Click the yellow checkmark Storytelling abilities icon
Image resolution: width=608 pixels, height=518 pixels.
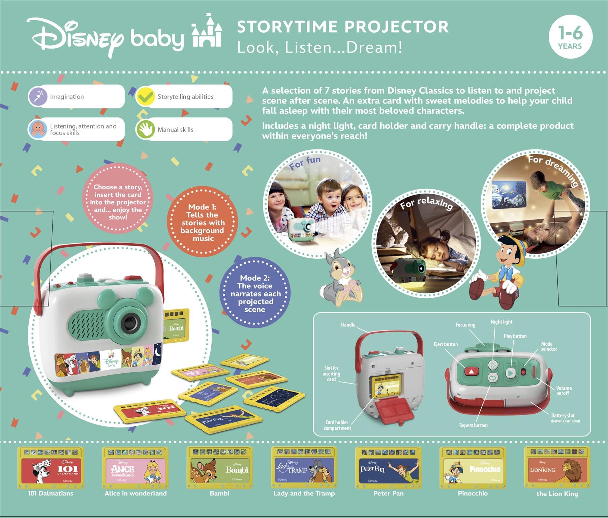(145, 96)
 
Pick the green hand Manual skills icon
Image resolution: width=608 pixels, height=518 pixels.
(145, 129)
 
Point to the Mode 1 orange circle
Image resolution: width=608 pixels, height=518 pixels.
(203, 222)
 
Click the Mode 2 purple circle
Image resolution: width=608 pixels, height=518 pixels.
(255, 293)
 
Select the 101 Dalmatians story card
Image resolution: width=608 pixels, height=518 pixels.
(51, 468)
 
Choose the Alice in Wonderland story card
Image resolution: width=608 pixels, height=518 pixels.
(135, 468)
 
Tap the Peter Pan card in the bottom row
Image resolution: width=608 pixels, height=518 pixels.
(388, 468)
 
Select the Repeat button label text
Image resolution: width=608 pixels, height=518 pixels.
(473, 425)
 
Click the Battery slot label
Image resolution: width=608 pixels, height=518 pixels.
(563, 415)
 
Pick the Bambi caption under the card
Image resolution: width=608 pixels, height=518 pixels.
(219, 493)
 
